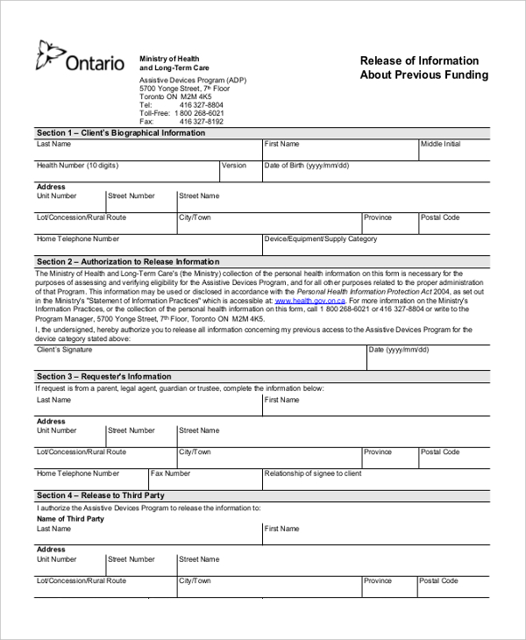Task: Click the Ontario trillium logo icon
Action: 49,55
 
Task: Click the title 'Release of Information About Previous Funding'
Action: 423,68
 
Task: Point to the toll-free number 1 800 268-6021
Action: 199,113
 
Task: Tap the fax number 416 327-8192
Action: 201,122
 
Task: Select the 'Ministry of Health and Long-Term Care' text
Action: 174,63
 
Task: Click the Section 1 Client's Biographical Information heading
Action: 121,133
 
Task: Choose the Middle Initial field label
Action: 440,144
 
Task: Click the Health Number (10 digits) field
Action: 77,166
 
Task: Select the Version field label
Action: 234,166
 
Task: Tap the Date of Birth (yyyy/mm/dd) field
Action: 307,166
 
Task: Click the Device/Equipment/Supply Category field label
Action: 321,238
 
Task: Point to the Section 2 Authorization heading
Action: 128,262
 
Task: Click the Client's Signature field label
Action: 64,350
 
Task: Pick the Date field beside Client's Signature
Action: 398,350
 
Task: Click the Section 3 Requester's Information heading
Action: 103,377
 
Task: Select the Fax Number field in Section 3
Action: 171,473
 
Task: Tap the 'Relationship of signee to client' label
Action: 313,473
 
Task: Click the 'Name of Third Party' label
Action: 70,519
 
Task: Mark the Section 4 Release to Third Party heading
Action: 100,496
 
